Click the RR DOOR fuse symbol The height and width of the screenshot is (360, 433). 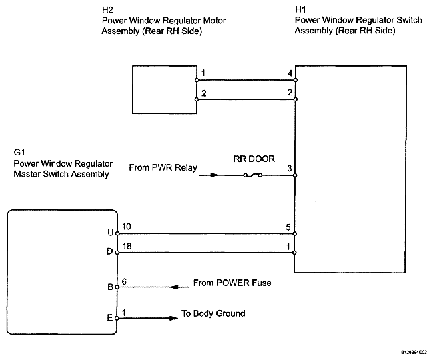pyautogui.click(x=252, y=175)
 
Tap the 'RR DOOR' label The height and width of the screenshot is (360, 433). pyautogui.click(x=254, y=159)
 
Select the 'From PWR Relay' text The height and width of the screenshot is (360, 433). pyautogui.click(x=163, y=167)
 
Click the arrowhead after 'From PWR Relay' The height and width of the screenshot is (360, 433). pyautogui.click(x=213, y=175)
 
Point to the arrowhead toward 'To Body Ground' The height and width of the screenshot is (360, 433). pyautogui.click(x=173, y=318)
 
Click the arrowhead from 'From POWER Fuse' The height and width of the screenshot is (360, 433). pyautogui.click(x=175, y=287)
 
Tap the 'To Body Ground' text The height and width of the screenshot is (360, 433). pyautogui.click(x=213, y=313)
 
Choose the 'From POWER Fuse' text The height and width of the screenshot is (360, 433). pyautogui.click(x=232, y=283)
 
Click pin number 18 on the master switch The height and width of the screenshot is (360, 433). pyautogui.click(x=127, y=246)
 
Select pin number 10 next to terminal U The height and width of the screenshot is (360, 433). pyautogui.click(x=126, y=227)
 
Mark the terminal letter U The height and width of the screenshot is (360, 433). pyautogui.click(x=111, y=233)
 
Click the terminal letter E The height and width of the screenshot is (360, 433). pyautogui.click(x=110, y=318)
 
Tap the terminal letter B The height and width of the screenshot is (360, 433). pyautogui.click(x=110, y=287)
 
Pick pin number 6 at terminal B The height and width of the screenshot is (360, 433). pyautogui.click(x=124, y=281)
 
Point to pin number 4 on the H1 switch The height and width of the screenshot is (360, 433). pyautogui.click(x=290, y=73)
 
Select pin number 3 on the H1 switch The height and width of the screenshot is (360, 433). pyautogui.click(x=290, y=168)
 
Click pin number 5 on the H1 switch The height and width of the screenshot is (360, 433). pyautogui.click(x=288, y=227)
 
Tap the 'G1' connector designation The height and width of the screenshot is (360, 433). pyautogui.click(x=19, y=152)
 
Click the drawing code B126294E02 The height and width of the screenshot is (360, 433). pyautogui.click(x=414, y=352)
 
